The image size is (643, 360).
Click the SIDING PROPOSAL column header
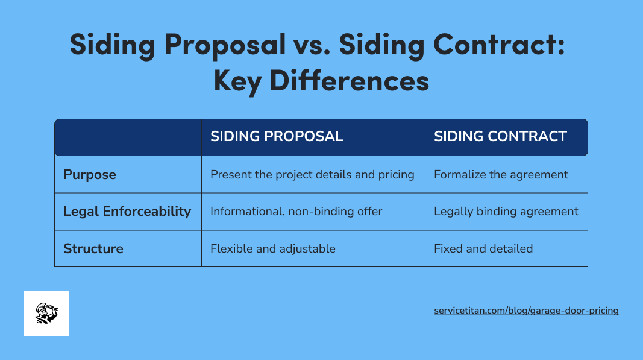click(x=277, y=136)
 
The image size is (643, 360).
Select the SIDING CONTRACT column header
click(x=500, y=136)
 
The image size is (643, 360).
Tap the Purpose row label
click(x=90, y=175)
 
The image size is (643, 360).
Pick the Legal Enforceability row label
click(x=127, y=212)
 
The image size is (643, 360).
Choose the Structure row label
click(x=93, y=248)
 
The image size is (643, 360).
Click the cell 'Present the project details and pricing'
click(x=312, y=175)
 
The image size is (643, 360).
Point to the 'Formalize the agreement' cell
click(x=501, y=175)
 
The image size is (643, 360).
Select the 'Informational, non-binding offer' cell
click(x=296, y=212)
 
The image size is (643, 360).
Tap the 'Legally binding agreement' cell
click(x=506, y=212)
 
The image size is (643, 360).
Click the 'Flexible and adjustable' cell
click(x=272, y=248)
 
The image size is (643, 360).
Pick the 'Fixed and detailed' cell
click(x=483, y=248)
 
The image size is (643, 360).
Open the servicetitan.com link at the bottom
click(x=526, y=311)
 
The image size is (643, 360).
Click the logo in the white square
click(x=46, y=313)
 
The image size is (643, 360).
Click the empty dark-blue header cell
click(x=128, y=137)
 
